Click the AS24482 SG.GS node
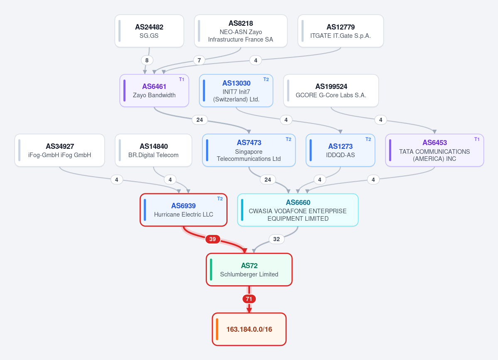149,31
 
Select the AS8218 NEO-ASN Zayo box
241,31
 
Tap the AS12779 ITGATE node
341,31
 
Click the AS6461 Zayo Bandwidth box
155,91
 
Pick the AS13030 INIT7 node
236,91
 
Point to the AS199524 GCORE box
331,91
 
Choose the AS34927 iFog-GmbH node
60,150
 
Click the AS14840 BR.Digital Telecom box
153,150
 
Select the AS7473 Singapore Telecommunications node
249,150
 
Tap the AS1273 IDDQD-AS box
341,150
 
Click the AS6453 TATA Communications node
434,150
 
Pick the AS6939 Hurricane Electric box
184,210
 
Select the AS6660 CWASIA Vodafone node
298,210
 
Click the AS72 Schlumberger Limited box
249,270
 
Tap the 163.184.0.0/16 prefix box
249,329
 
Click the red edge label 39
213,239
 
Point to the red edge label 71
249,298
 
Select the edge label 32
277,239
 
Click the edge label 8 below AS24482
147,60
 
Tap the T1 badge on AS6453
477,139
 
